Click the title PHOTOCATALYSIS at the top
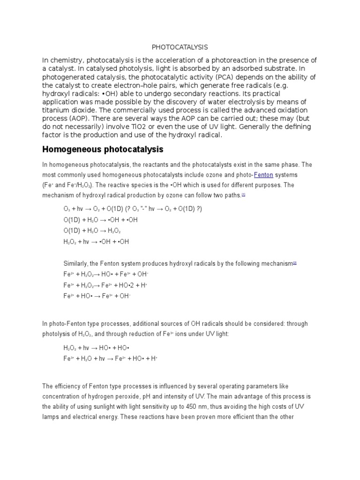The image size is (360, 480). click(180, 47)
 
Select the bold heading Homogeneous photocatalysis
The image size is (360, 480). click(103, 150)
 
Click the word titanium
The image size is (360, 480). click(58, 110)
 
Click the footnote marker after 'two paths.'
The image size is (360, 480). click(244, 194)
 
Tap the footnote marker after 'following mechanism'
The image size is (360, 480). click(295, 263)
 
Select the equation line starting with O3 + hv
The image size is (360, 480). click(133, 209)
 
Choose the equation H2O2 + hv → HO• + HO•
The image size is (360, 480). click(96, 348)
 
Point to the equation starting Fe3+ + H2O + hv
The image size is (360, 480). click(110, 359)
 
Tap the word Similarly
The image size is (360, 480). click(76, 264)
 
